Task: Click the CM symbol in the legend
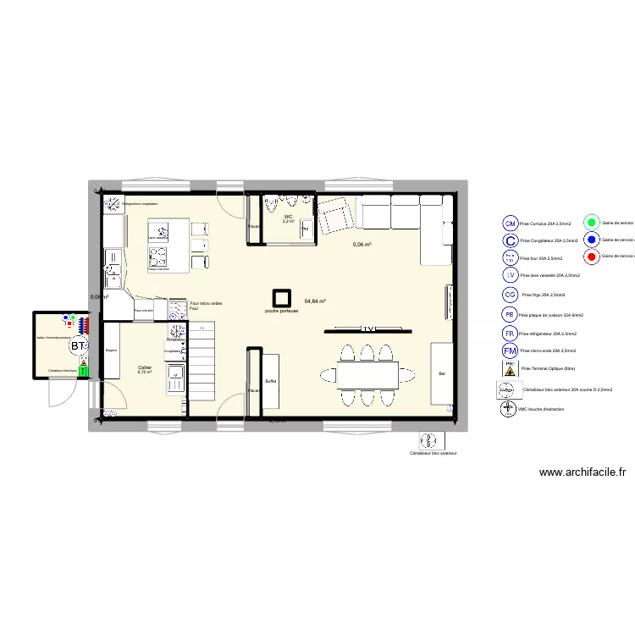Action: pyautogui.click(x=510, y=224)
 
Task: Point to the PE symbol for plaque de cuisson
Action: pyautogui.click(x=510, y=314)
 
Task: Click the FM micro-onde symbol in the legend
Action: pyautogui.click(x=510, y=351)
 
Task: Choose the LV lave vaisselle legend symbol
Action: pyautogui.click(x=510, y=274)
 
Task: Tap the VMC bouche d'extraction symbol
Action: pyautogui.click(x=508, y=409)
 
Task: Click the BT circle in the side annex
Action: pyautogui.click(x=78, y=346)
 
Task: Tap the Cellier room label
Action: pyautogui.click(x=145, y=367)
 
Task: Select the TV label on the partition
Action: pyautogui.click(x=367, y=328)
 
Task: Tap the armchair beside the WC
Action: pyautogui.click(x=336, y=216)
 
